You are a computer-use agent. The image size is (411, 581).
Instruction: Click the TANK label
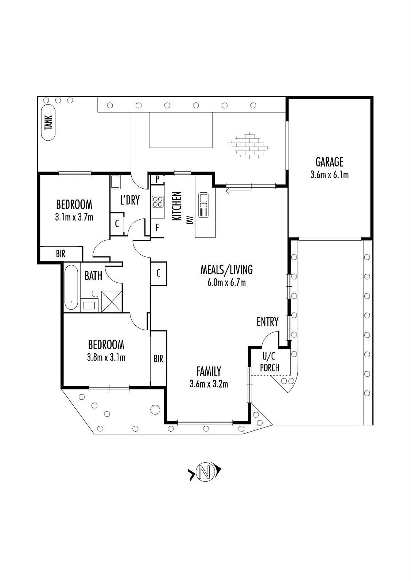[49, 123]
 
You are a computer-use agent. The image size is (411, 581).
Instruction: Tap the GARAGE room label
[329, 162]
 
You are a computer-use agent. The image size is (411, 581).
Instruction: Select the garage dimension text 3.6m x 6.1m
[329, 175]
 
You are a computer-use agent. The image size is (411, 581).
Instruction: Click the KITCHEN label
[177, 206]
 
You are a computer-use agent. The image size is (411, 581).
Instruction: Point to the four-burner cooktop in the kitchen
[158, 202]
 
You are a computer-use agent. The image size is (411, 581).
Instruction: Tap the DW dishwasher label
[190, 220]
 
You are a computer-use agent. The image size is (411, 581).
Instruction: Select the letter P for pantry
[157, 179]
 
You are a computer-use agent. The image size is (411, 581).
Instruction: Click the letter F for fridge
[157, 228]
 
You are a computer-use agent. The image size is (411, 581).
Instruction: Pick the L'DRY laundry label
[130, 200]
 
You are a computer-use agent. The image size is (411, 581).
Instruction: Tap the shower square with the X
[111, 301]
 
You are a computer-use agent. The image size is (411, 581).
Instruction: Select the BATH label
[93, 276]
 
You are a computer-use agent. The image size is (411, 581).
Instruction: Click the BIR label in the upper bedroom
[61, 254]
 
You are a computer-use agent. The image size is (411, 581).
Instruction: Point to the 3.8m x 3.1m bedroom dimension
[106, 358]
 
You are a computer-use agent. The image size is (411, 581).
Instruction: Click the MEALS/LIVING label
[226, 270]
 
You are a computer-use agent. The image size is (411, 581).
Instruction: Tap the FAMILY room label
[209, 371]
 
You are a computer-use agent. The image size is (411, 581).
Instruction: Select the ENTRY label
[267, 322]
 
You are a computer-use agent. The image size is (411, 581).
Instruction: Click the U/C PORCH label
[270, 362]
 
